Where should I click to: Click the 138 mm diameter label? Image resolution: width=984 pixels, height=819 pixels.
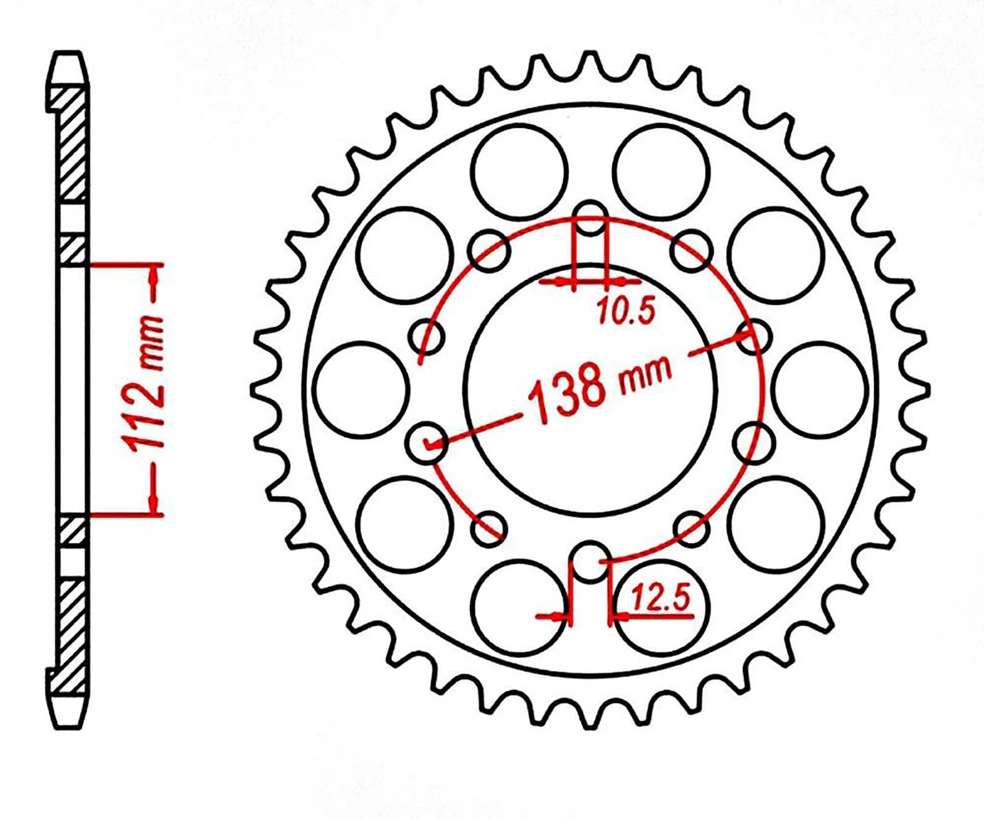[600, 387]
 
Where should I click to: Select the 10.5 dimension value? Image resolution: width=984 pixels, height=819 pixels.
[624, 311]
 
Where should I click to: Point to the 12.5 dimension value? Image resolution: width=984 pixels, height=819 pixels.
[661, 597]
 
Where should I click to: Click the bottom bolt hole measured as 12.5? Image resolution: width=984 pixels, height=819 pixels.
[590, 561]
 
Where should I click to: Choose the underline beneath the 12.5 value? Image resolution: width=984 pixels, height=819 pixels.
[662, 615]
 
